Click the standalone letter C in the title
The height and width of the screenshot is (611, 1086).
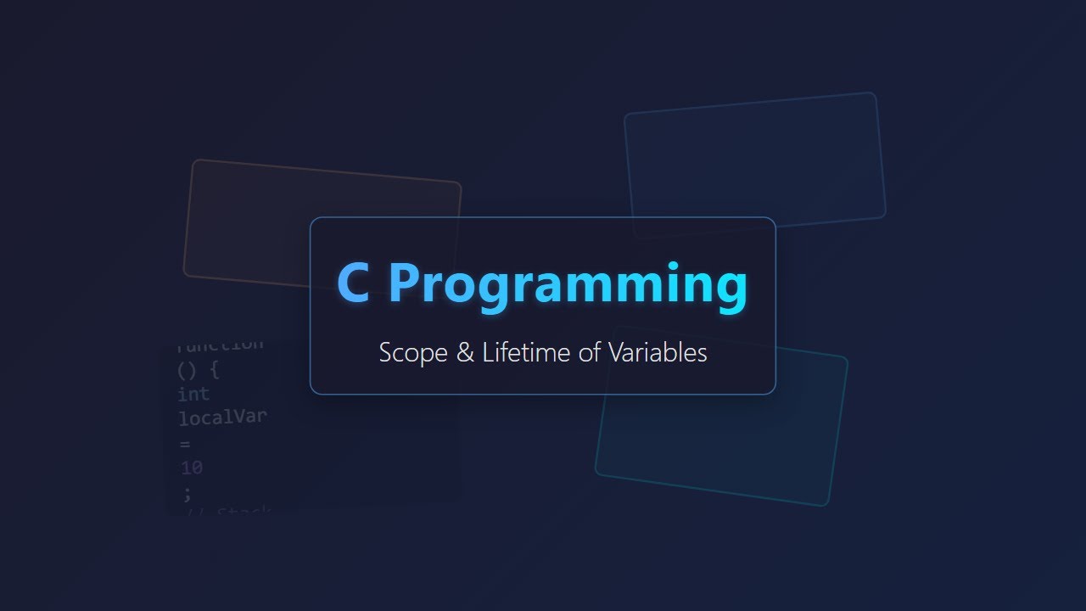[353, 283]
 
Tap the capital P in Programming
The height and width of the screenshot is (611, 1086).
[405, 283]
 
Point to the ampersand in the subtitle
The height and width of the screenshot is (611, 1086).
[465, 353]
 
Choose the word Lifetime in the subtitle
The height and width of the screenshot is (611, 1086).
[527, 352]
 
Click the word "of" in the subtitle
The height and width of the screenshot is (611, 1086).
[590, 352]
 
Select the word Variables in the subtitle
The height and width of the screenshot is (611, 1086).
[658, 352]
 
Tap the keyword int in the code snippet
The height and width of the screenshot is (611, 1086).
[193, 395]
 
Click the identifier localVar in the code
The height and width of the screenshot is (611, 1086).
[222, 418]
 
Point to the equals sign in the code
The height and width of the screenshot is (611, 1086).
[185, 443]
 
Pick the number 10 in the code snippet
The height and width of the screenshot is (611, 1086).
[192, 468]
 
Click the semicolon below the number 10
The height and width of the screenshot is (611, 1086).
[187, 492]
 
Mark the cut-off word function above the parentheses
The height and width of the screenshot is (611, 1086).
[221, 345]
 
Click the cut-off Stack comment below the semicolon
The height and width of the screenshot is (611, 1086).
[243, 512]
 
